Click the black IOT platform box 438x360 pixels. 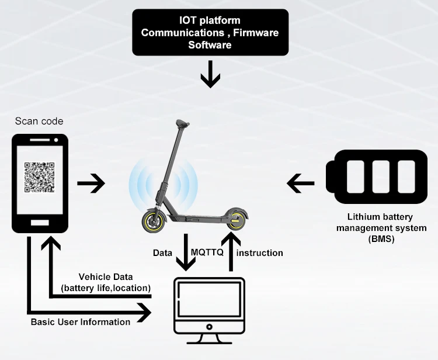click(210, 32)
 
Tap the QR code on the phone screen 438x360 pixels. click(39, 178)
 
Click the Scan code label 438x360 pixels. click(39, 122)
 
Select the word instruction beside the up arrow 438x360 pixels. click(260, 253)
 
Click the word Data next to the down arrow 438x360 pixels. click(162, 253)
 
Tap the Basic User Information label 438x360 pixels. click(81, 322)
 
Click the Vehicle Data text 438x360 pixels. click(106, 276)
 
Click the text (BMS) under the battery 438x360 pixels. click(381, 238)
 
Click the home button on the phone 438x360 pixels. click(40, 223)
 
